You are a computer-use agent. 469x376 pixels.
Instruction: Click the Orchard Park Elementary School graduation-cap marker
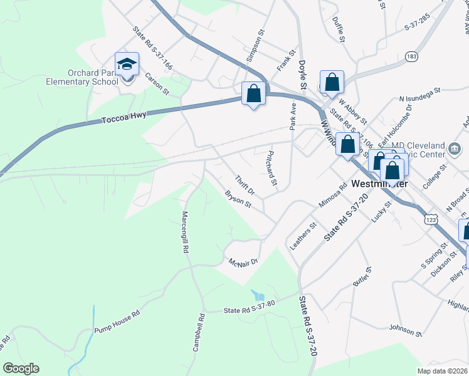[127, 65]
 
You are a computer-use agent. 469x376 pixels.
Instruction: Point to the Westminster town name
[380, 184]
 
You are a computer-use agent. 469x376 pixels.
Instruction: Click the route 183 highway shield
[411, 57]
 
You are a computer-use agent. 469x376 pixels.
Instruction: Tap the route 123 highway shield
[429, 220]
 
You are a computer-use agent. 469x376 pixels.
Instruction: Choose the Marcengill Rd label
[186, 231]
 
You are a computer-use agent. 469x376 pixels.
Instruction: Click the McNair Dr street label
[243, 262]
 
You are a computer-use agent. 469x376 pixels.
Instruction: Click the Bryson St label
[238, 200]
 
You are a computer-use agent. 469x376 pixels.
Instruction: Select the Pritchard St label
[272, 168]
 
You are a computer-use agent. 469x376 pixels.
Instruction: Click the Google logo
[21, 368]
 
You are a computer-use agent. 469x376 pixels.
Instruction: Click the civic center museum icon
[454, 150]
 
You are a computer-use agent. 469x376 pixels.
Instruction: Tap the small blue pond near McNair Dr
[258, 295]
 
